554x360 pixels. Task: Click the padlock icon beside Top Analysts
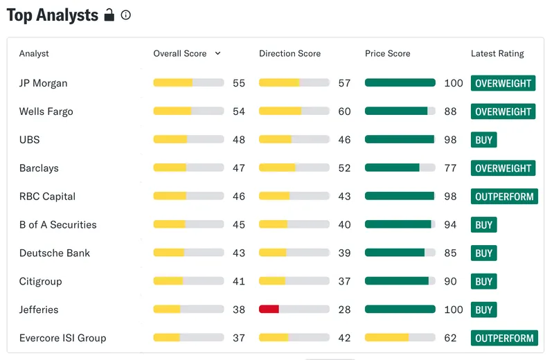click(x=109, y=15)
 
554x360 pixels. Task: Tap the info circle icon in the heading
click(x=126, y=15)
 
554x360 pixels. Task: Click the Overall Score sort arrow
click(x=217, y=53)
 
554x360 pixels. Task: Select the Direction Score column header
click(x=289, y=53)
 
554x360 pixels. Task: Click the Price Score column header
click(x=388, y=53)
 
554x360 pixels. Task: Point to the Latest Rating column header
click(x=497, y=53)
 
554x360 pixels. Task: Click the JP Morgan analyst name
click(x=43, y=83)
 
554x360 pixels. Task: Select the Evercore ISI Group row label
click(x=62, y=338)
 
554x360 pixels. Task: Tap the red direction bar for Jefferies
click(x=269, y=309)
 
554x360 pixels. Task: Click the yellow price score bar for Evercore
click(x=387, y=338)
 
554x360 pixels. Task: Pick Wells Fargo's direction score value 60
click(x=344, y=111)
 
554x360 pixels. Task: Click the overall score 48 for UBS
click(x=239, y=140)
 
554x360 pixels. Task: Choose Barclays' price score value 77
click(x=450, y=168)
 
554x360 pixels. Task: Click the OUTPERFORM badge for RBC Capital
click(x=504, y=197)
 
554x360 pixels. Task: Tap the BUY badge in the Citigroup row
click(x=483, y=281)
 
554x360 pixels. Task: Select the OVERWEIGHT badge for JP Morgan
click(x=503, y=83)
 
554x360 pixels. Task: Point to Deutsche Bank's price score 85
click(x=450, y=253)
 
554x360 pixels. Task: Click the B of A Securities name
click(x=58, y=225)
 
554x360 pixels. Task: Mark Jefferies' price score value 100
click(x=454, y=309)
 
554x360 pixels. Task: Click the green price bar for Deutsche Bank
click(x=395, y=253)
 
